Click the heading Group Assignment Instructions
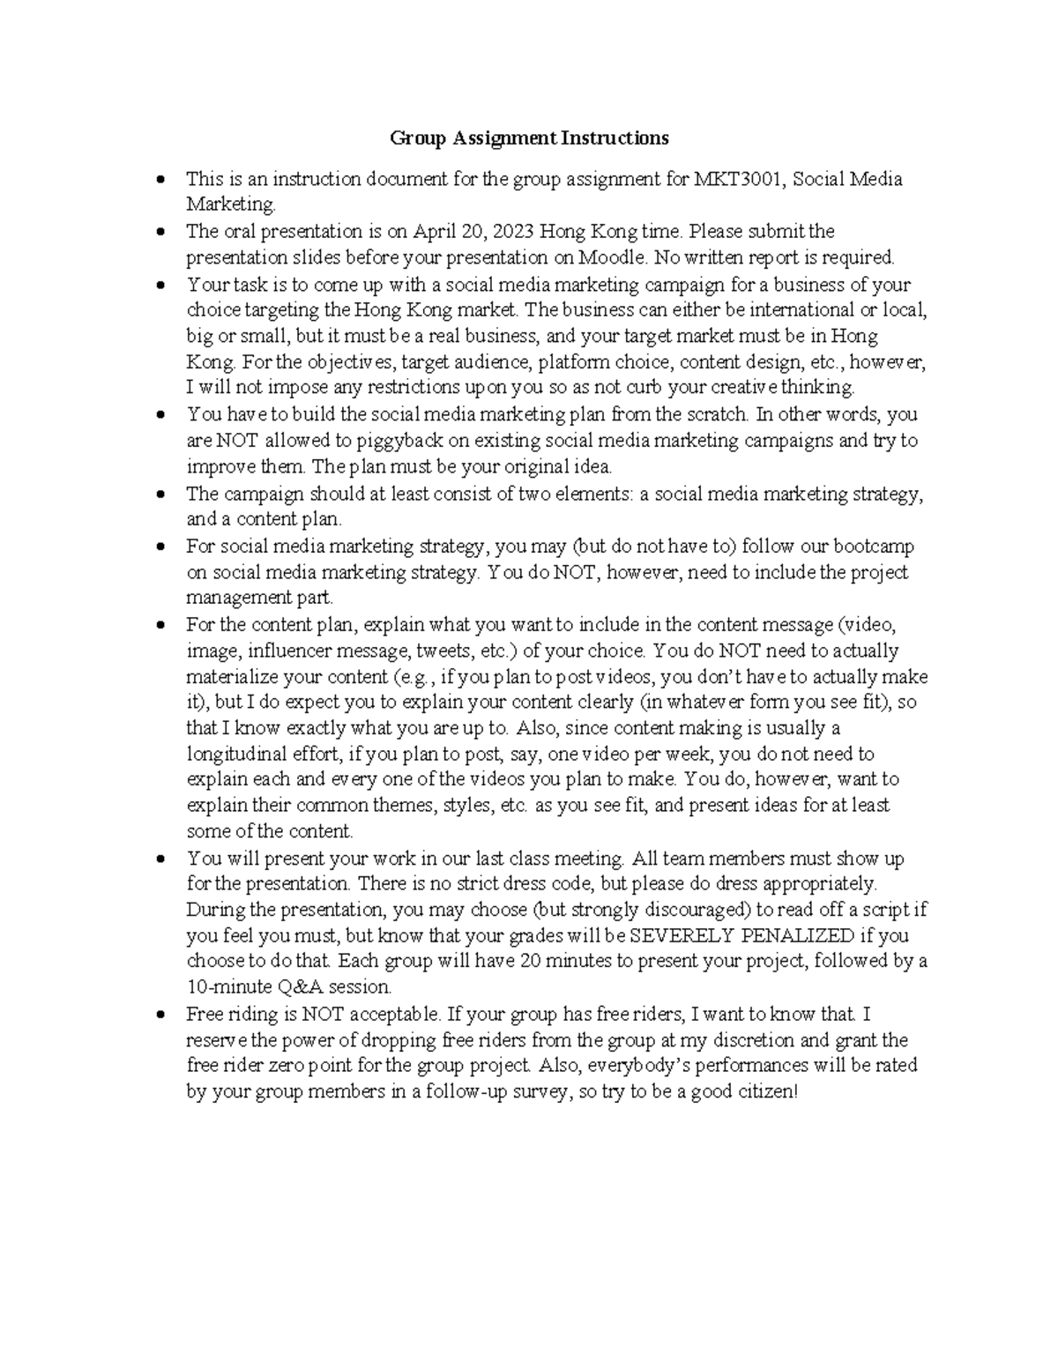coord(529,138)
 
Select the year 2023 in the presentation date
coord(512,232)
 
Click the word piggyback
coord(428,441)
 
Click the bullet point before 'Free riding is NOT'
coord(160,1016)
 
